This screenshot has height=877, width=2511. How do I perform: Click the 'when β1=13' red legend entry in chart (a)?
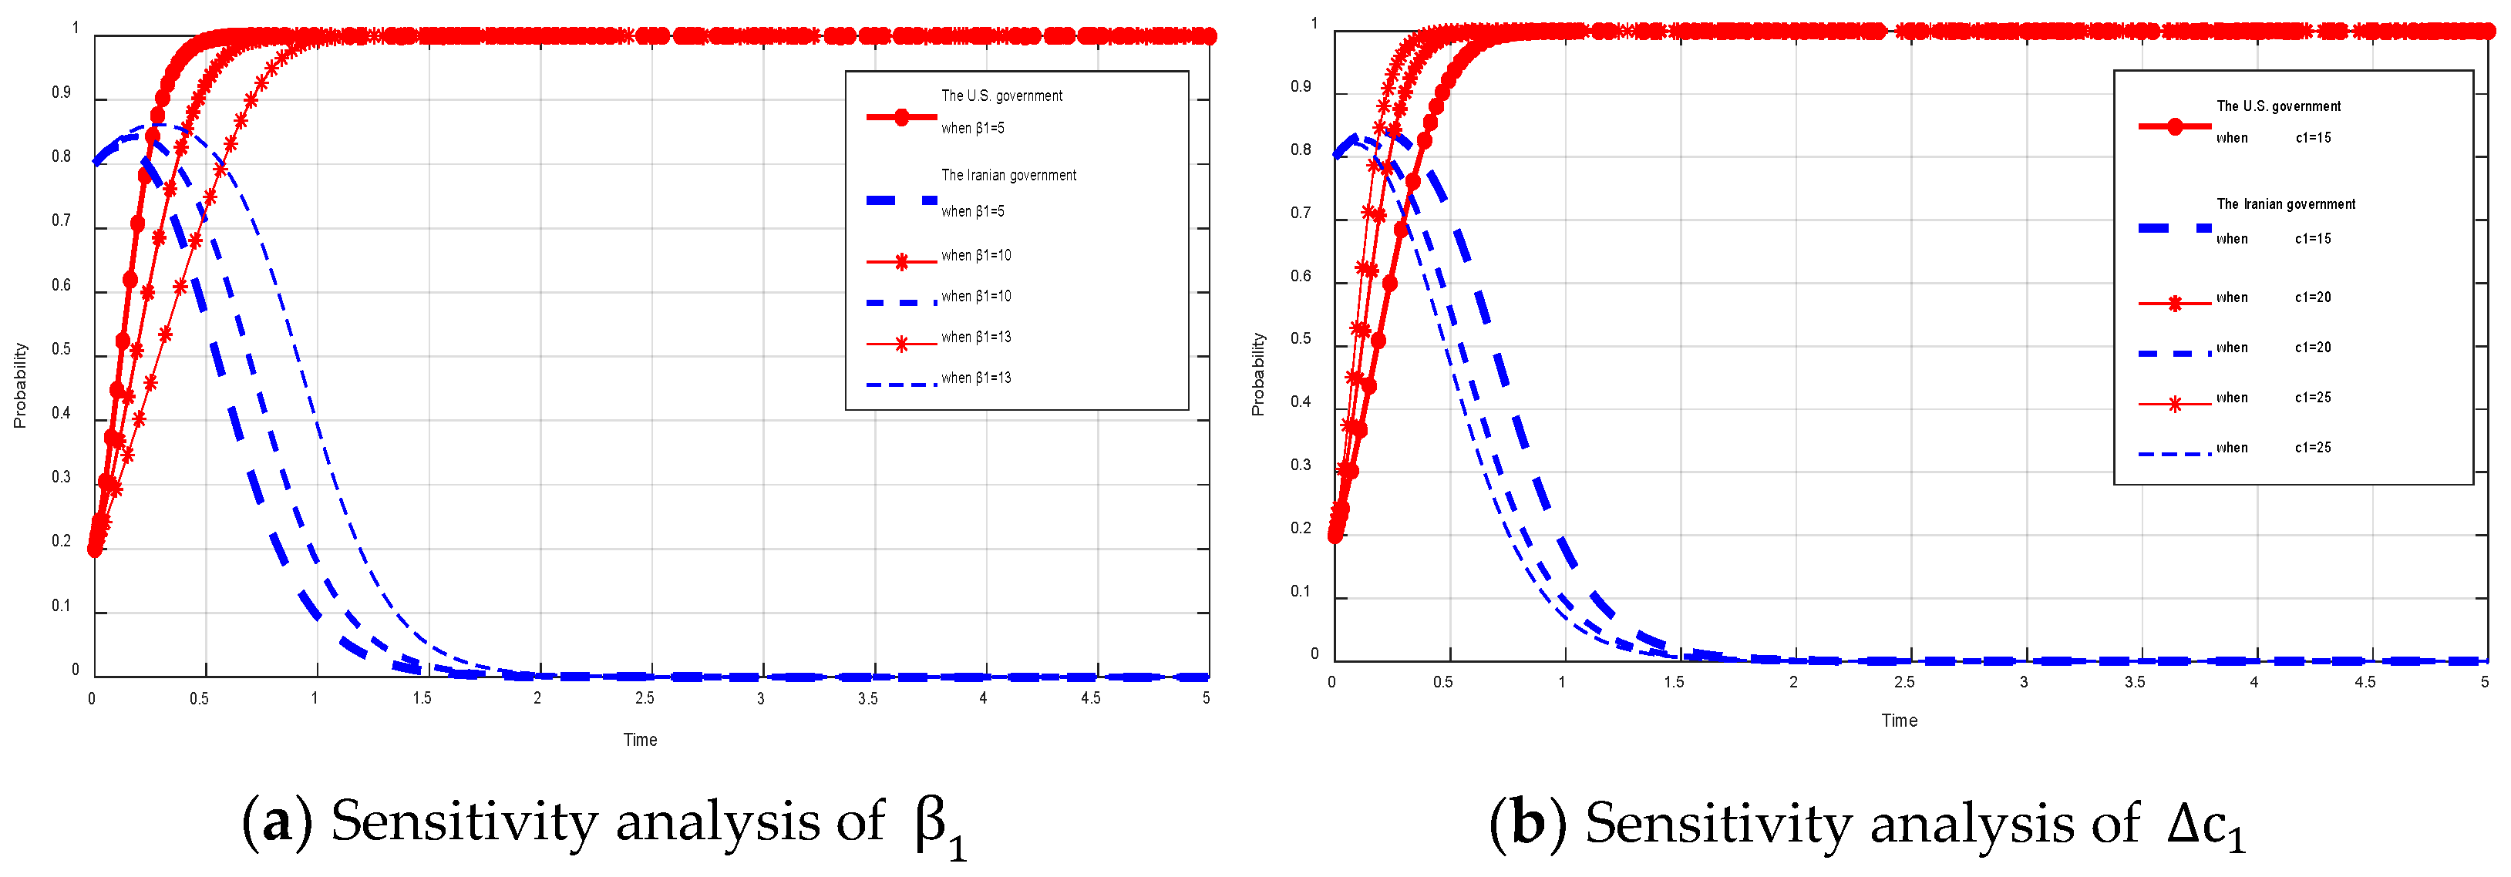tap(974, 337)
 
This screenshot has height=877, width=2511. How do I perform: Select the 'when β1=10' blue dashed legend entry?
tap(974, 296)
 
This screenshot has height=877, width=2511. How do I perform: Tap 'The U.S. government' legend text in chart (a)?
tap(1001, 96)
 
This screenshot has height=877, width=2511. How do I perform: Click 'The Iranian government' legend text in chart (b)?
tap(2285, 203)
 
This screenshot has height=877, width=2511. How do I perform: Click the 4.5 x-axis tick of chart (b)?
tap(2364, 682)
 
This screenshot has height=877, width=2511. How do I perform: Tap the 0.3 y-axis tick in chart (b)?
tap(1301, 465)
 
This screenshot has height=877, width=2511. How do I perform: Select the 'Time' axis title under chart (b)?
tap(1899, 720)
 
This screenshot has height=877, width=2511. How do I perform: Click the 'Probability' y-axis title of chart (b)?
tap(1257, 375)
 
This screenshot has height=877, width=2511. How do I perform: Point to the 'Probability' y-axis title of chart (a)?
tap(19, 385)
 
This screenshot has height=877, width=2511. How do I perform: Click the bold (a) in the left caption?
tap(277, 822)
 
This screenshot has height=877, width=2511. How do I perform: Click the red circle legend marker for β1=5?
tap(902, 118)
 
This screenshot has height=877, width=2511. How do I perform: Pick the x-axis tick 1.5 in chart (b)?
tap(1673, 682)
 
